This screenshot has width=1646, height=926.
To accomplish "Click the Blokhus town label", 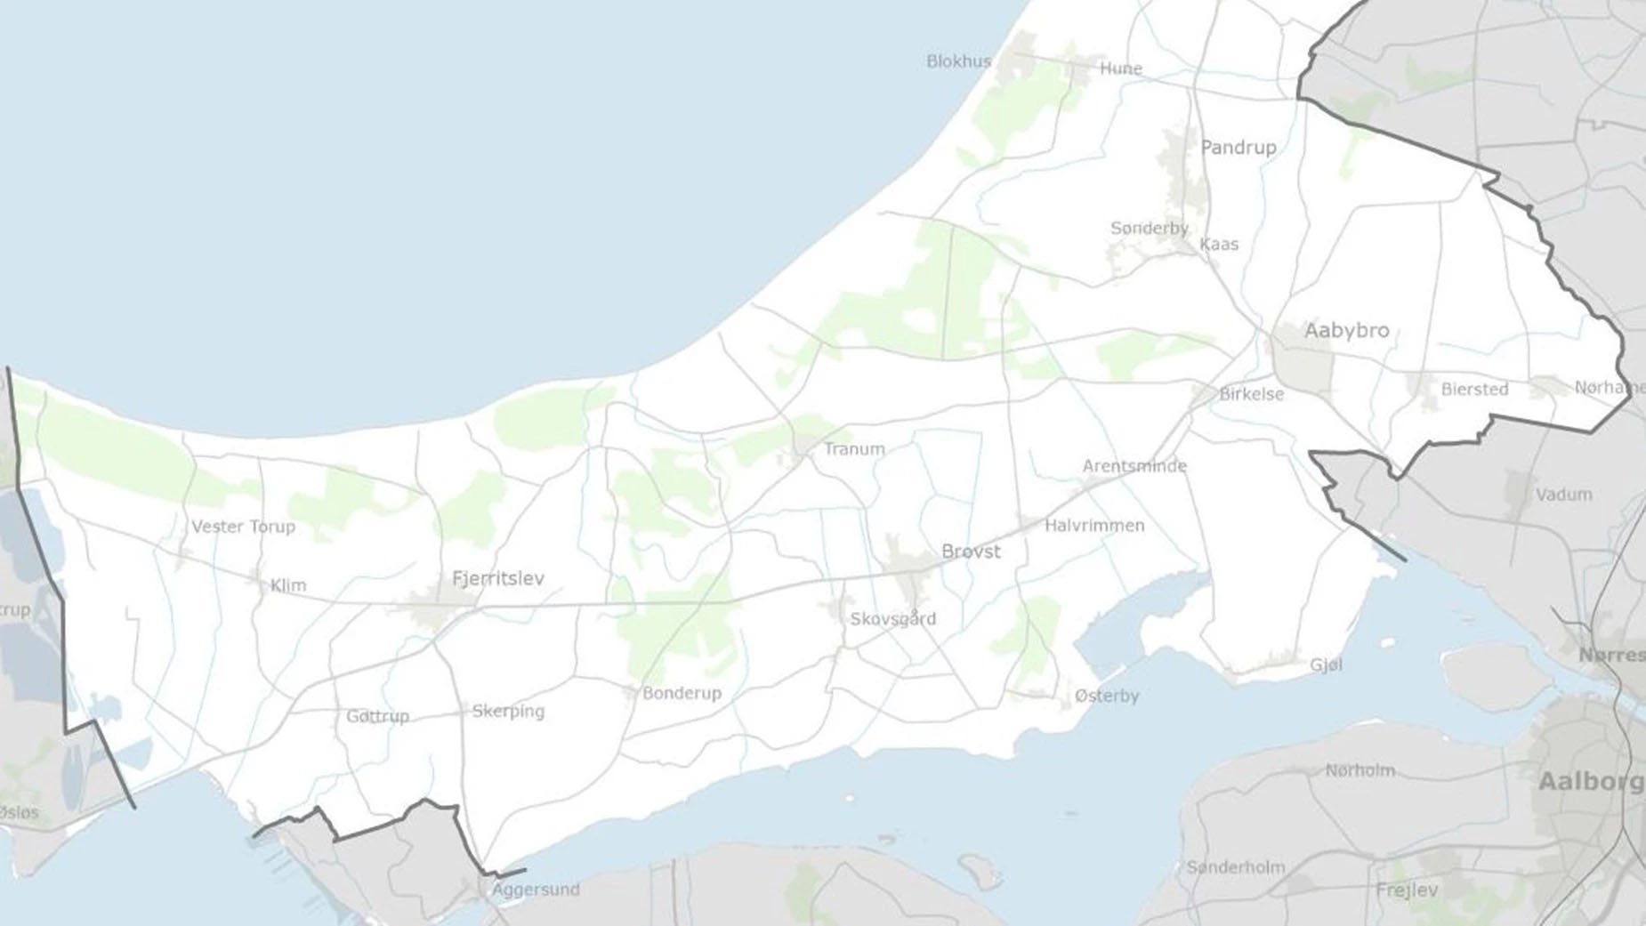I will [x=958, y=61].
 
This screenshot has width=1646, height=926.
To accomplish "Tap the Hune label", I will [x=1120, y=68].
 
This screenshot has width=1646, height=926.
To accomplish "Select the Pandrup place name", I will [x=1238, y=148].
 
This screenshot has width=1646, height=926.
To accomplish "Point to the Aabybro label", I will [x=1346, y=331].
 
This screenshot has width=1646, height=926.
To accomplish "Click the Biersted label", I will [x=1474, y=390].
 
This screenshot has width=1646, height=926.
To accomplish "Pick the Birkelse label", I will [x=1251, y=394].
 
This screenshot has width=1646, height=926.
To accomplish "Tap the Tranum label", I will [x=854, y=449].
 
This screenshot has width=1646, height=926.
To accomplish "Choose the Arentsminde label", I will [x=1134, y=466].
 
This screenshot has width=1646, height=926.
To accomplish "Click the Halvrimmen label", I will [x=1094, y=526].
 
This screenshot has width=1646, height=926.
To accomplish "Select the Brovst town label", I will [x=971, y=552].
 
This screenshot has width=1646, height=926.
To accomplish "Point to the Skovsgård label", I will [x=892, y=619].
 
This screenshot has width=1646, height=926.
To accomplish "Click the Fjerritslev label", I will [x=497, y=579].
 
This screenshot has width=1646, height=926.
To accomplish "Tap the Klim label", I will [x=287, y=585].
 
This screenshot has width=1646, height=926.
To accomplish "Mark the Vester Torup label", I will [x=243, y=527].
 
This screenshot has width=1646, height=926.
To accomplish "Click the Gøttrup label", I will [x=377, y=716].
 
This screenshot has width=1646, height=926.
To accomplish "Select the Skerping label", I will [x=508, y=711].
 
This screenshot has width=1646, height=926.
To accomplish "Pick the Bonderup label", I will [x=682, y=693].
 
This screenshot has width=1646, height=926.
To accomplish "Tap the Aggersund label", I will [x=536, y=890].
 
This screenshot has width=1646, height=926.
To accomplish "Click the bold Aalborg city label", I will [x=1590, y=782].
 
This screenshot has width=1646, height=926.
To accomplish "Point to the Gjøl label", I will [x=1326, y=665].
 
